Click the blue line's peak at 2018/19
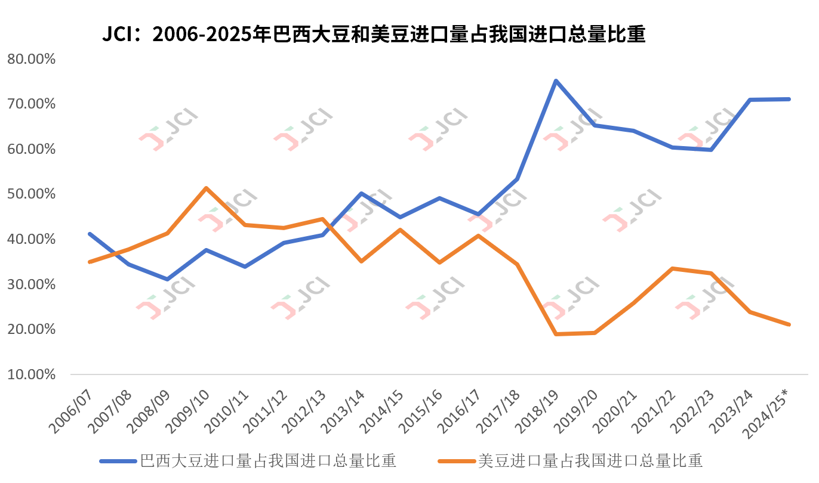pos(556,80)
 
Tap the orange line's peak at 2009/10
pos(206,188)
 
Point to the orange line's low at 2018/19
pos(556,334)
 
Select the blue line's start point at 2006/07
pos(90,234)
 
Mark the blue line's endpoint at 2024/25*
pos(789,99)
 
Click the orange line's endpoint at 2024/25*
pos(789,324)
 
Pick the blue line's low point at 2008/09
pos(167,279)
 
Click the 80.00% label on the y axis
pos(30,59)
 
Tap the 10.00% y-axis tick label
pos(30,374)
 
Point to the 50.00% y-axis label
pos(30,194)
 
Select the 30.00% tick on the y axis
pos(30,284)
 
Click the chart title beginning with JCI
pos(374,35)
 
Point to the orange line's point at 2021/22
pos(673,268)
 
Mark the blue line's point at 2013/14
pos(362,193)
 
